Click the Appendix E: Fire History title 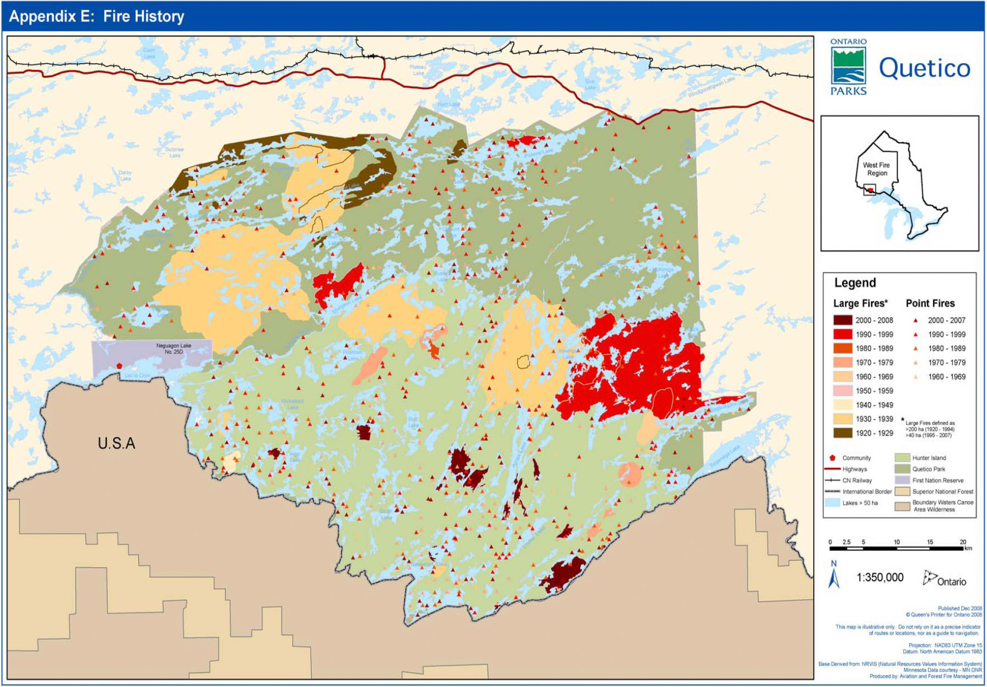97,16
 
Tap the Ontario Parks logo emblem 848,66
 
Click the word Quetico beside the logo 924,68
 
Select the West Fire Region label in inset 876,169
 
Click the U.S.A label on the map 116,443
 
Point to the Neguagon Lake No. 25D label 173,348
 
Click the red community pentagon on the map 119,366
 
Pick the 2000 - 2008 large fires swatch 843,320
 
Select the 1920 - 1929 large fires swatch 843,433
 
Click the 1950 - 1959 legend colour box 843,391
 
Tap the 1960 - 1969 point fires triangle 916,377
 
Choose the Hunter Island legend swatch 902,458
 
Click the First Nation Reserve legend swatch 902,480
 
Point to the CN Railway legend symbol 832,480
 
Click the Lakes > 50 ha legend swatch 832,503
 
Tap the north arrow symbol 834,576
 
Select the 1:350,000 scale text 880,577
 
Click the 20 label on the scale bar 962,542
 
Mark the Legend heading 855,283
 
